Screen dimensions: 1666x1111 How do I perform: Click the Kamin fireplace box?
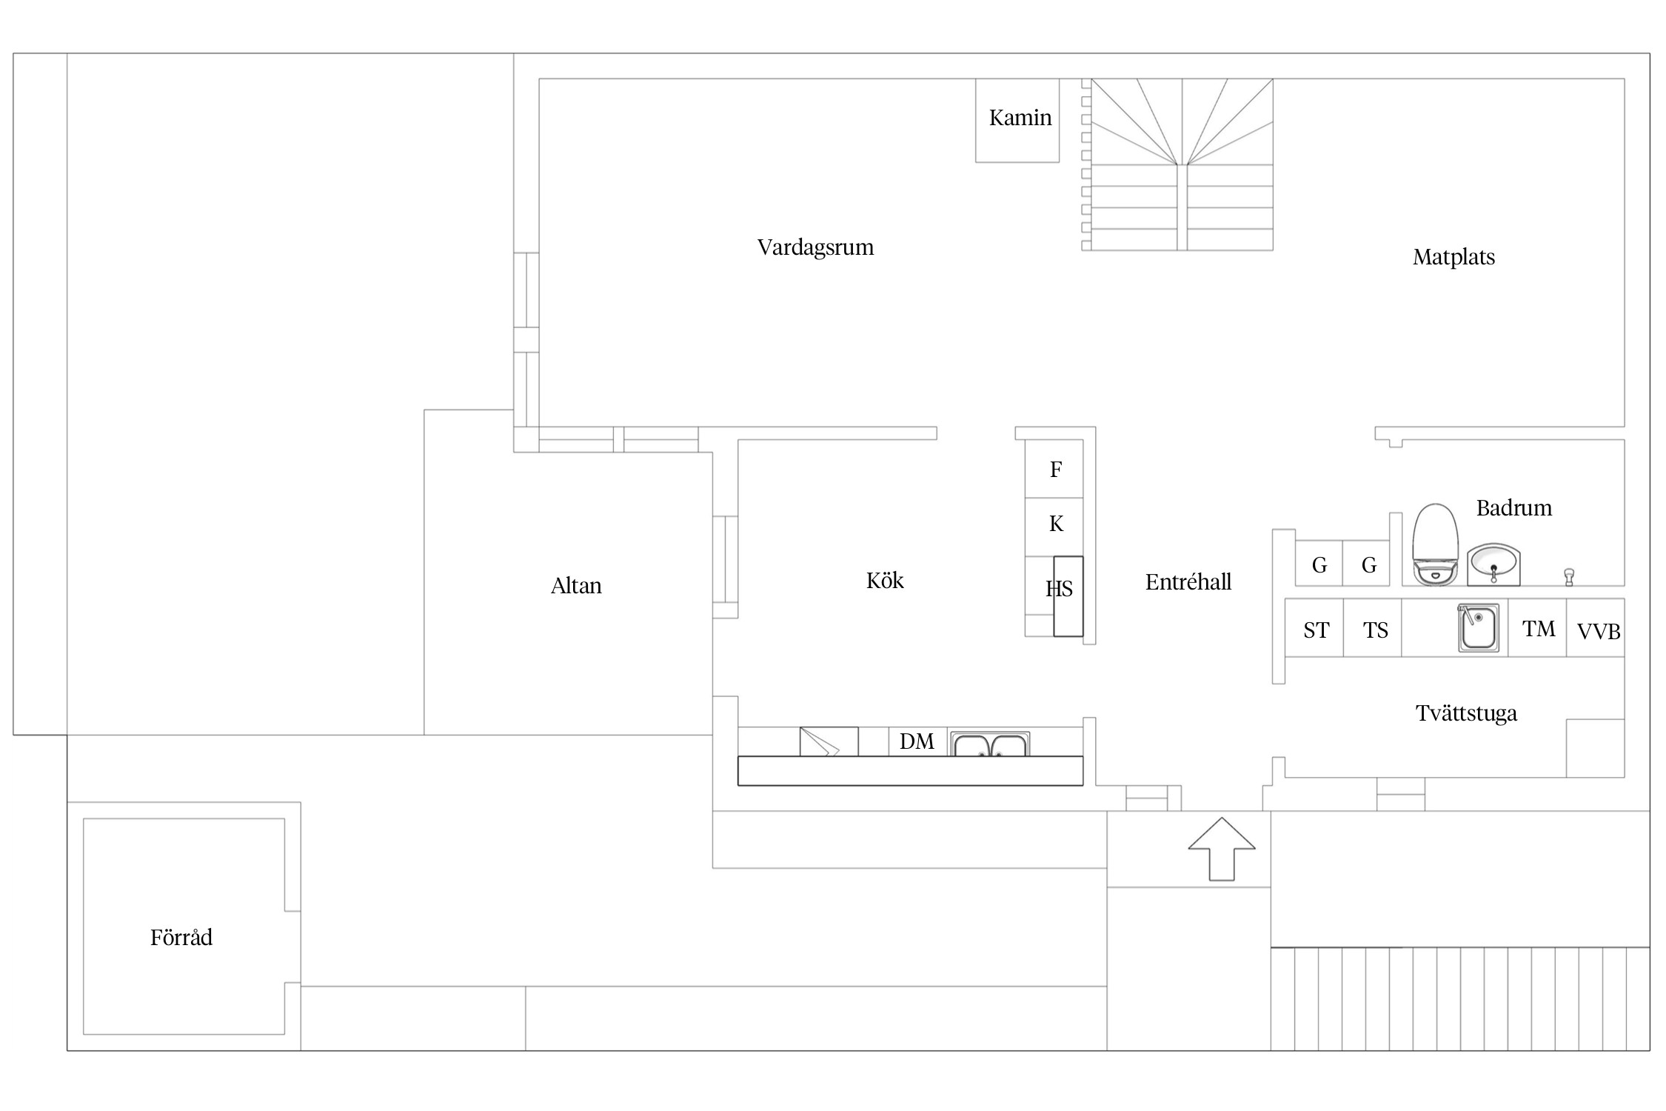point(1017,121)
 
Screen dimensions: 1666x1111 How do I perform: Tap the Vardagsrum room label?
point(815,247)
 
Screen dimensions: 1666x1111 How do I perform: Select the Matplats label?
point(1453,258)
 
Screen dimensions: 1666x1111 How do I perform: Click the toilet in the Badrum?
point(1435,544)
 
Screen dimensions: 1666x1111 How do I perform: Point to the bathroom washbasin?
point(1493,564)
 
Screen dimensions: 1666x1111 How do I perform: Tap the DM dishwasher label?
point(917,741)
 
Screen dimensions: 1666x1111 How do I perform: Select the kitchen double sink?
point(990,744)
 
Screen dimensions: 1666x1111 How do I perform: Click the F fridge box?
point(1054,469)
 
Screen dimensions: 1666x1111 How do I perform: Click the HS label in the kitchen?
point(1059,589)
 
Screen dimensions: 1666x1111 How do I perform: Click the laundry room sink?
point(1479,628)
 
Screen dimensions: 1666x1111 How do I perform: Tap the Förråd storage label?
point(181,938)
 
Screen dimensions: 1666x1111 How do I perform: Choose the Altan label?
point(576,587)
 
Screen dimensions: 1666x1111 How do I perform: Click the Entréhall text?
point(1188,582)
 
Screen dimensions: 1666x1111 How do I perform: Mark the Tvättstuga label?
point(1466,714)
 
